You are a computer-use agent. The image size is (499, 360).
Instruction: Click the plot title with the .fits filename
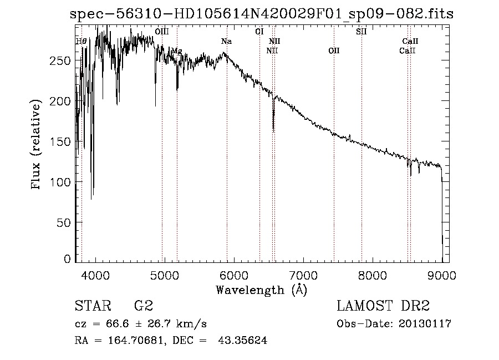(x=262, y=14)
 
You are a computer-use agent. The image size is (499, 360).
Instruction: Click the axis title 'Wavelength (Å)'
(x=261, y=290)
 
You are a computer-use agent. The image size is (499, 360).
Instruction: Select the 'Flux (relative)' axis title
(x=37, y=145)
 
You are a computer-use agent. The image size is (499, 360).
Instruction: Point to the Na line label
(x=226, y=42)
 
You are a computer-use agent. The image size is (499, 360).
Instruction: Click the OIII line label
(x=162, y=32)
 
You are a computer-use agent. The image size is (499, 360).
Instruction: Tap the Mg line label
(x=176, y=51)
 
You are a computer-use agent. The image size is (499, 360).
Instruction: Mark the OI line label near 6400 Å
(x=259, y=32)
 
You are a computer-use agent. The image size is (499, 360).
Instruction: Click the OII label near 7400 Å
(x=333, y=51)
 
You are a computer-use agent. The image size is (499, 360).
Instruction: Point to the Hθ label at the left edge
(x=81, y=42)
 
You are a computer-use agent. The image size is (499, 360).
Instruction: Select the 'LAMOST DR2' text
(x=383, y=306)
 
